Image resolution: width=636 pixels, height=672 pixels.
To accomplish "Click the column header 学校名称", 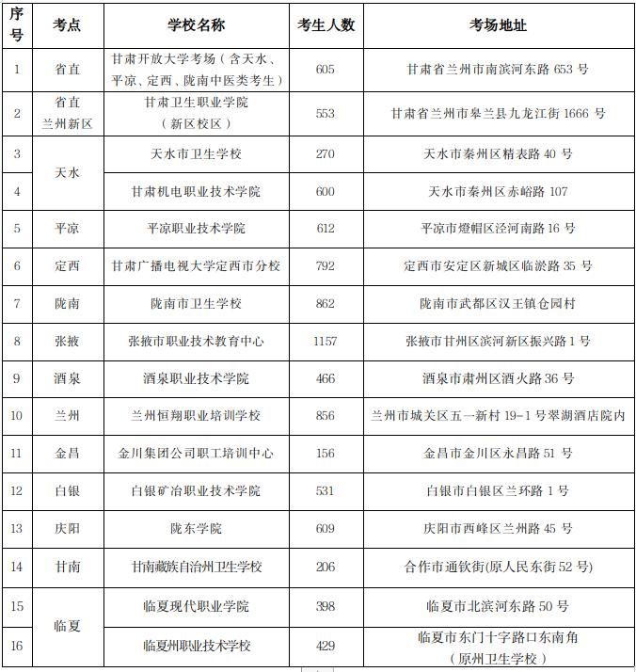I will [196, 25].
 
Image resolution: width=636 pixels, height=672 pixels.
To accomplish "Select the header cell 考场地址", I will [499, 25].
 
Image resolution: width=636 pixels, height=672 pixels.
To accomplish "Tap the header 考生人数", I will [326, 25].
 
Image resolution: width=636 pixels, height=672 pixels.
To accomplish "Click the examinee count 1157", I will [326, 341].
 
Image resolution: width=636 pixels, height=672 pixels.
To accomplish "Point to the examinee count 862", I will [326, 303].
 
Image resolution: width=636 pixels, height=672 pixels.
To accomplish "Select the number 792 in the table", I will [326, 266].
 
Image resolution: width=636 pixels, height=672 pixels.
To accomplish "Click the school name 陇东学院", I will [196, 529].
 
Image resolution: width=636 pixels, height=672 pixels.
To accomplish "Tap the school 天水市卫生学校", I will [196, 153].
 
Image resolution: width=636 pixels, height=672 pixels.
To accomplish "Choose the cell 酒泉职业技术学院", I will [196, 378].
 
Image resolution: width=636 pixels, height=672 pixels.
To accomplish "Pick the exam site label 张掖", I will [67, 341].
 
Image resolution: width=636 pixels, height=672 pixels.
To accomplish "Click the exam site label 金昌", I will [67, 454].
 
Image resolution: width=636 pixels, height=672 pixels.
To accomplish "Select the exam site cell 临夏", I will [67, 626].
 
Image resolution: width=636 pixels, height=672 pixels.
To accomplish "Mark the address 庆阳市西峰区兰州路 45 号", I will [499, 529].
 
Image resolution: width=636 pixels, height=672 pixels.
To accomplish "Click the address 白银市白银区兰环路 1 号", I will [499, 491].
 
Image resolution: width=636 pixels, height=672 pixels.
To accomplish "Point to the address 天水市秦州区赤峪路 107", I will [499, 191].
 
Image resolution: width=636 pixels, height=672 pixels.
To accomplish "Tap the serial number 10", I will [17, 416].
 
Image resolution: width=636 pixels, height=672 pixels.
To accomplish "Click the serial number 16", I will [17, 646].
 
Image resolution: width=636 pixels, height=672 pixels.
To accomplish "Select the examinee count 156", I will [326, 454].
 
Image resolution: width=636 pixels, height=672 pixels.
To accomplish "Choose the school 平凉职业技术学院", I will [196, 229].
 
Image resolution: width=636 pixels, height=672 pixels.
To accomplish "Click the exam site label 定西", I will [67, 266].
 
